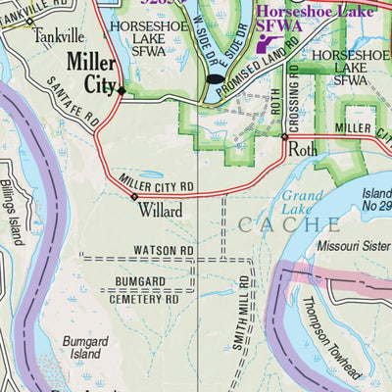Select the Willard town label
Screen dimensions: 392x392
tap(160, 210)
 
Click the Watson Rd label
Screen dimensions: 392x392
tap(164, 251)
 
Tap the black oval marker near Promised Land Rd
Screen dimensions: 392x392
tap(214, 78)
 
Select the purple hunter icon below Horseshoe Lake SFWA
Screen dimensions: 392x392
tap(265, 41)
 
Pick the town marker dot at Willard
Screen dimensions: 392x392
tap(135, 197)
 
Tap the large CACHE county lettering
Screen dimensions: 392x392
tap(289, 224)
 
